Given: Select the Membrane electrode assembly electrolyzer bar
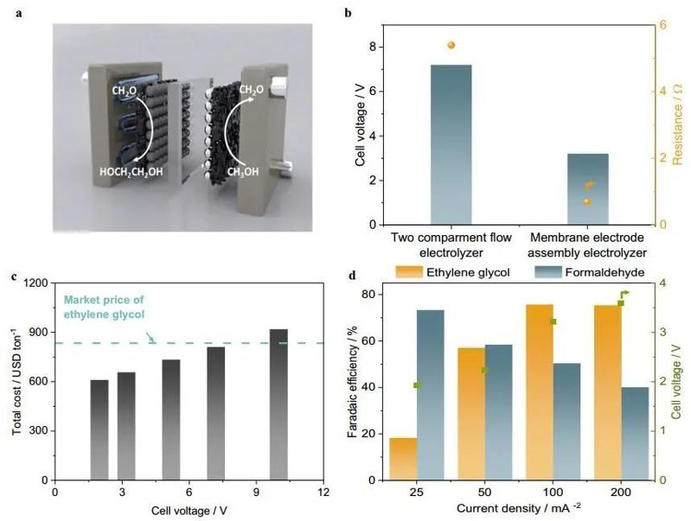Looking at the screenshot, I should tap(587, 189).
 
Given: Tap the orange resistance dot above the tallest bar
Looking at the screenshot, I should tap(451, 45).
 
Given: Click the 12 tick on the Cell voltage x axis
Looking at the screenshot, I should tap(323, 492).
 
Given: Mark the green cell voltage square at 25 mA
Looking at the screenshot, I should tap(417, 385).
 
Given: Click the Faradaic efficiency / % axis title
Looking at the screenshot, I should tap(353, 380).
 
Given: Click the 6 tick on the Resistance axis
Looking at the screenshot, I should tap(662, 24).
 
